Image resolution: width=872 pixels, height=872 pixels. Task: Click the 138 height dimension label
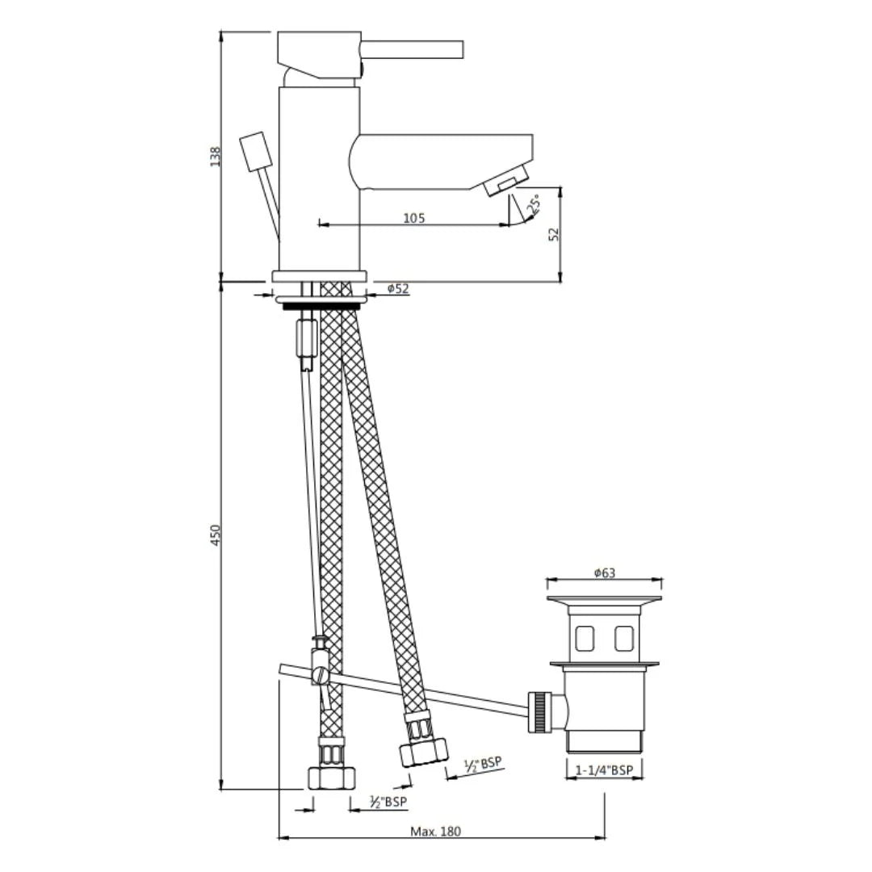pos(215,156)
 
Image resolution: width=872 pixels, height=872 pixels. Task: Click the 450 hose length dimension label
pos(215,535)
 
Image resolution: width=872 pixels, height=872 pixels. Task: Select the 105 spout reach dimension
pos(413,218)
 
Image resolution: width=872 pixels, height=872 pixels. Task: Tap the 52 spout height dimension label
pos(553,234)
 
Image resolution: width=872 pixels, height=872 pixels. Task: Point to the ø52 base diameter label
pos(397,288)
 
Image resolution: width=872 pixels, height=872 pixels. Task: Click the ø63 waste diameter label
pos(604,572)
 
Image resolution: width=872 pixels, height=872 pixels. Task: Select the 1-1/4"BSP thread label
pos(604,770)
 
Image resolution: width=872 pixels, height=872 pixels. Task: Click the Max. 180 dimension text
pos(435,831)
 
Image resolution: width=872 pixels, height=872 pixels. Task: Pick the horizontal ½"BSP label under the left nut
pos(388,802)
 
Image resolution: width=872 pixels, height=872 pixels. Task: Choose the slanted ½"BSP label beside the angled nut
pos(482,764)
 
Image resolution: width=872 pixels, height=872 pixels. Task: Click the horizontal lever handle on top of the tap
pos(412,49)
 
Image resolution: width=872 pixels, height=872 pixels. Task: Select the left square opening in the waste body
pos(585,639)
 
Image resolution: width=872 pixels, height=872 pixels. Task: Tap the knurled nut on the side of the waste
pos(539,711)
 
